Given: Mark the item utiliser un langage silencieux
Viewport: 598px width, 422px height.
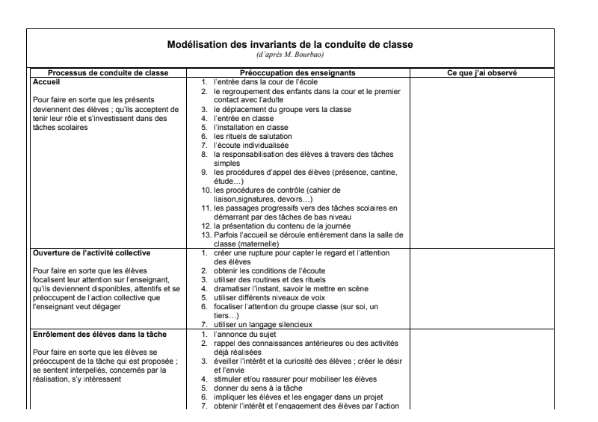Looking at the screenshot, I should point(263,324).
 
